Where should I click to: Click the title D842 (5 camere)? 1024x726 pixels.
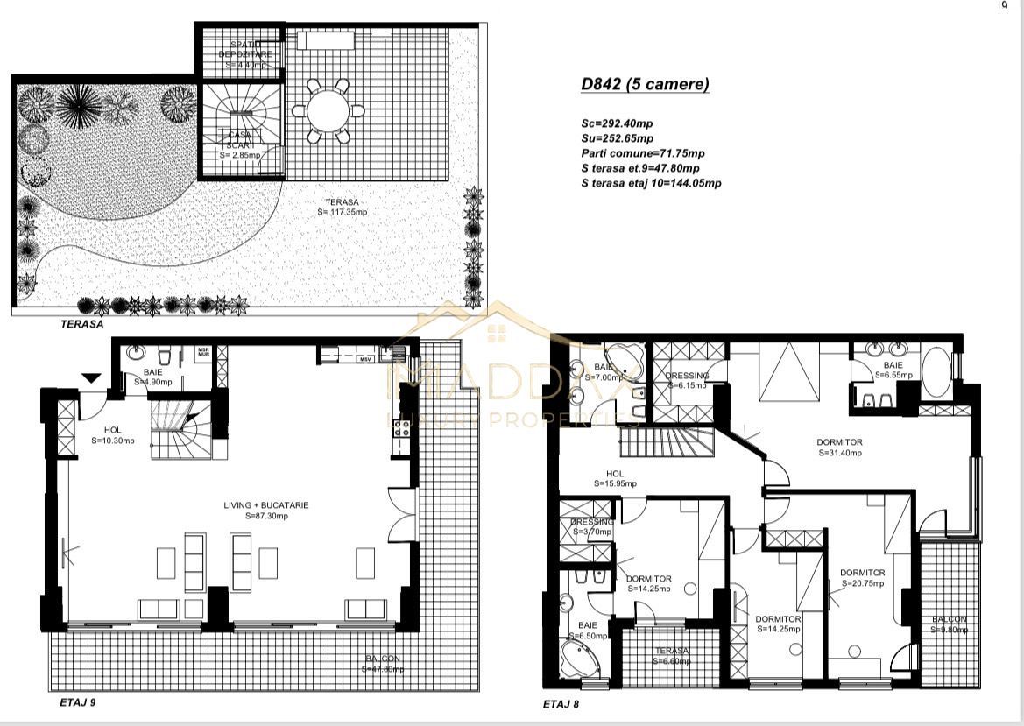click(645, 85)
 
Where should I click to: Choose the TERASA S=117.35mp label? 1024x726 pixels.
click(343, 207)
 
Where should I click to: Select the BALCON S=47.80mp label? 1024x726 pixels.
click(383, 664)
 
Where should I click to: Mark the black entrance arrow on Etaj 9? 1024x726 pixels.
click(91, 377)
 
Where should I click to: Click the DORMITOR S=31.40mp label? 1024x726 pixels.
click(840, 448)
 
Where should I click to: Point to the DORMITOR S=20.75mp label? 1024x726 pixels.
click(862, 578)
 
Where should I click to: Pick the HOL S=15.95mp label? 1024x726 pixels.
click(613, 478)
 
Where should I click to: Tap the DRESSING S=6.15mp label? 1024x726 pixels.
click(686, 380)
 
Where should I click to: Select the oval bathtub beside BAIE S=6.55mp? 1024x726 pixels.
click(935, 374)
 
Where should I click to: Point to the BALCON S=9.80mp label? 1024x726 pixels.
click(949, 624)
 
